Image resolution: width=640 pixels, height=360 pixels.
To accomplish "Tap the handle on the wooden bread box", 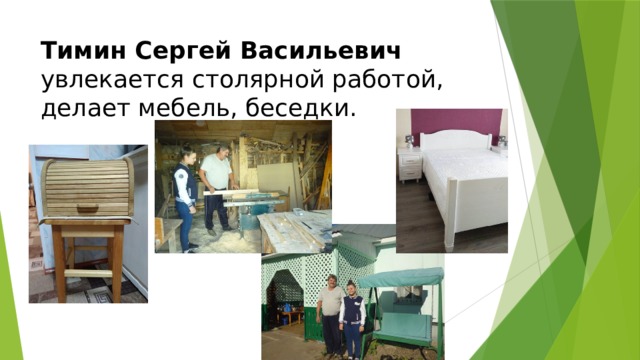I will tap(87, 208).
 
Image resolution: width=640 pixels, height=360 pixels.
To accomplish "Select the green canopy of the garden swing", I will tap(400, 278).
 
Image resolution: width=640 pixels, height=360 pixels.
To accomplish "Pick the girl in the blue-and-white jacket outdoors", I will tap(351, 318).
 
